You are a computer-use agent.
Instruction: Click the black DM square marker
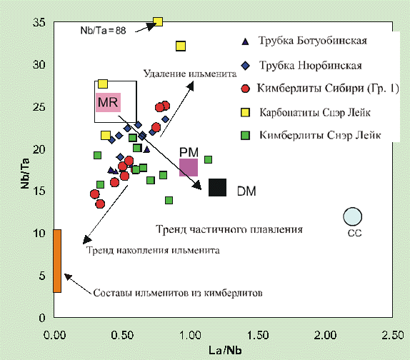coord(217,187)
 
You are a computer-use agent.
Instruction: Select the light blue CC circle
coord(352,216)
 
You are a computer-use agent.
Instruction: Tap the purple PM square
coord(189,167)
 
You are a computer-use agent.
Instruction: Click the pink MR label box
coord(109,102)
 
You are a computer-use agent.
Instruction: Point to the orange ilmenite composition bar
coord(57,261)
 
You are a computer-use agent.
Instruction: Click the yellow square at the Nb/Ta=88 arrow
coord(158,21)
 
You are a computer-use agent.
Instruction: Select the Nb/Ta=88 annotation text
coord(103,31)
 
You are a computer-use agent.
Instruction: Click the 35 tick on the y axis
coord(39,22)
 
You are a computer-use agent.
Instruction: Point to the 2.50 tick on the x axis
coord(392,335)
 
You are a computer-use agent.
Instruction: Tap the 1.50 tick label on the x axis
coord(258,335)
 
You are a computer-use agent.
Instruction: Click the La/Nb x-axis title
coord(225,350)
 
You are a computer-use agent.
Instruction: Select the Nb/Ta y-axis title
coord(26,174)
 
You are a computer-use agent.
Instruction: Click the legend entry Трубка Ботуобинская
coord(313,41)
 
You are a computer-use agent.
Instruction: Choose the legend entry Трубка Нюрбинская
coord(311,65)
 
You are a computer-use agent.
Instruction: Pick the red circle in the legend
coord(245,89)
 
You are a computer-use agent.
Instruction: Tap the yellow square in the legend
coord(245,112)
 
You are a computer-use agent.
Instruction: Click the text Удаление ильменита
coord(190,74)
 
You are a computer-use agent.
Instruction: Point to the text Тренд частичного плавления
coord(229,229)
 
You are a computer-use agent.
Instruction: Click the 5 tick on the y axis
coord(42,276)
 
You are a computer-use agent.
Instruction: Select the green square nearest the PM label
coord(208,159)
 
